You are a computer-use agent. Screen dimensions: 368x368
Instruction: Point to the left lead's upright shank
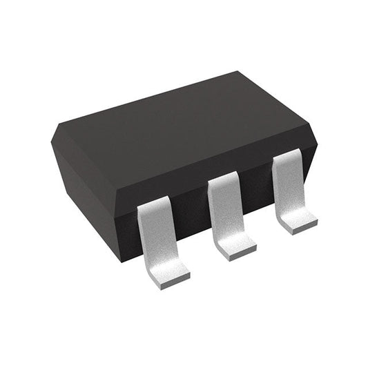click(153, 232)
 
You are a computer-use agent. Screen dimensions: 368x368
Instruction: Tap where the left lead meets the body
click(153, 206)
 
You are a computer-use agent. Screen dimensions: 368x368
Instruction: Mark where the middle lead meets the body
click(222, 182)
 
